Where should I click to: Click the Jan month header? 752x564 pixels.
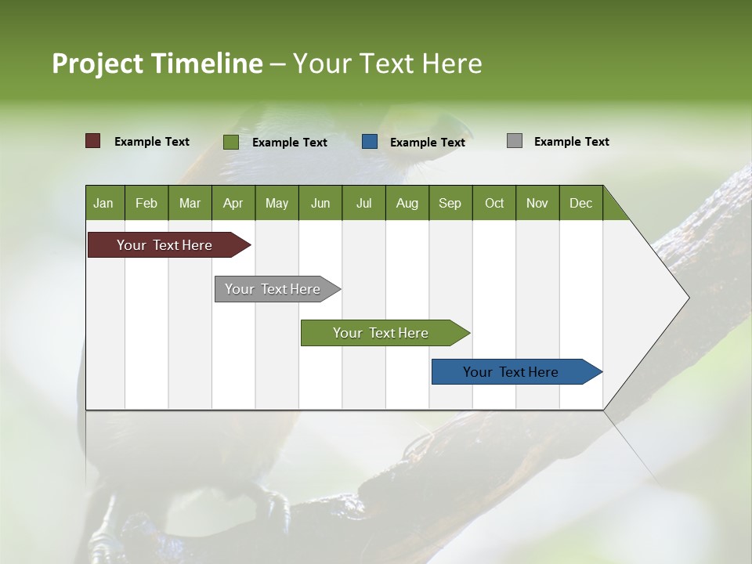click(104, 203)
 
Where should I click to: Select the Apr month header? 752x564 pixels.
click(233, 203)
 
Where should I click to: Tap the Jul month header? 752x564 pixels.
click(363, 203)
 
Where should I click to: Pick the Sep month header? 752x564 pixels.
click(450, 203)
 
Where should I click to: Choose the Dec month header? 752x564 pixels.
click(580, 203)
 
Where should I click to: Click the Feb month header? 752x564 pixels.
click(146, 203)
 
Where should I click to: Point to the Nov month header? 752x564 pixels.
click(537, 203)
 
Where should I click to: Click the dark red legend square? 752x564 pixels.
click(92, 141)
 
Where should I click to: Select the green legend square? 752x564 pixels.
click(230, 142)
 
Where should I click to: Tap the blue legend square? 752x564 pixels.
click(370, 142)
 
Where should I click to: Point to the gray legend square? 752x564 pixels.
click(515, 141)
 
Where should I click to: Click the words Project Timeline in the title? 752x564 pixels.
click(157, 63)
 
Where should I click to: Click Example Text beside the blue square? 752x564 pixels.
click(427, 143)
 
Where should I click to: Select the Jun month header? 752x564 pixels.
click(320, 203)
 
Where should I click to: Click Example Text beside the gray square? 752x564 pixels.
click(571, 142)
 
